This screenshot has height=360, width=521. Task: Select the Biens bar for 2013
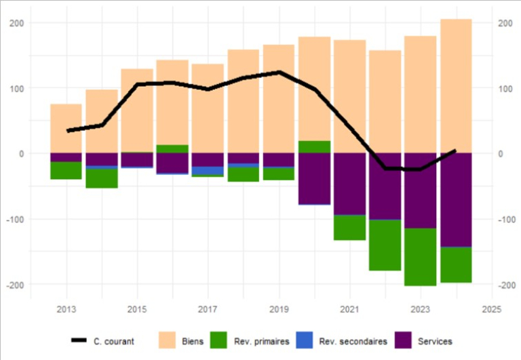click(x=66, y=128)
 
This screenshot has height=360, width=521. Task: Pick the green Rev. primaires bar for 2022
click(x=385, y=245)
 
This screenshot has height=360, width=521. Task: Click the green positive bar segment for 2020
click(x=314, y=147)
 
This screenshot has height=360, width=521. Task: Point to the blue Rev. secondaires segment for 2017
click(x=208, y=170)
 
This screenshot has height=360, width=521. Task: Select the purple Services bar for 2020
click(x=314, y=178)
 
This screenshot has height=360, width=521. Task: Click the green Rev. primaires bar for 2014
click(x=102, y=178)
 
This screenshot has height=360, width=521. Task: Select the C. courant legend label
click(x=114, y=341)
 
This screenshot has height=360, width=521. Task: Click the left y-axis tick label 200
click(x=17, y=23)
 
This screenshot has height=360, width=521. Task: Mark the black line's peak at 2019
click(x=279, y=72)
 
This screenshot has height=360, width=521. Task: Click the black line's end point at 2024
click(x=455, y=151)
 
